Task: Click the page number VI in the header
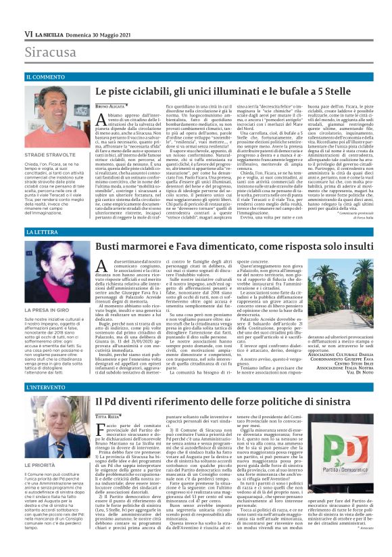coord(28,33)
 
